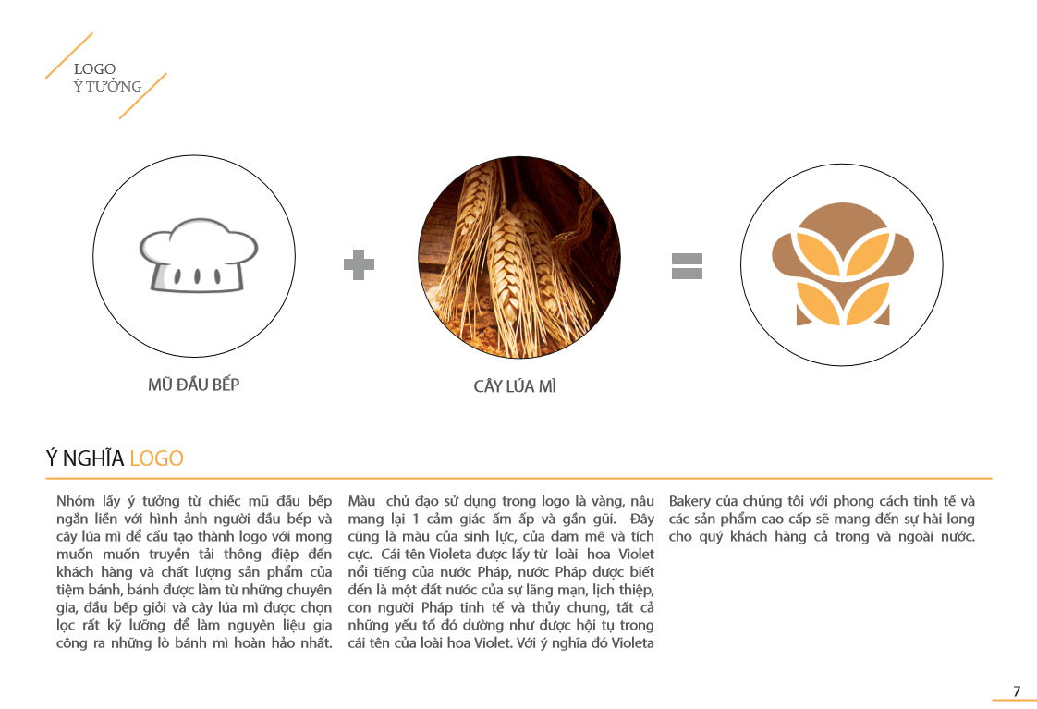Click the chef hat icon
pos(199,255)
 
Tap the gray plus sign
pos(360,264)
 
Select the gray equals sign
pos(687,266)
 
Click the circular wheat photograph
pos(519,257)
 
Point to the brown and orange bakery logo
pos(843,263)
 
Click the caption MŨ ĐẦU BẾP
pos(194,385)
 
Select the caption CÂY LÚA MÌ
pos(515,386)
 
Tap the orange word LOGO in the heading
pos(157,458)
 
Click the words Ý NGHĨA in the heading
pos(85,458)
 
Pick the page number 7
pos(1018,691)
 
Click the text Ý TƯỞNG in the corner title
pos(108,86)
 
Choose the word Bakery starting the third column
pos(689,501)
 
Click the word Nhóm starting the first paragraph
pos(76,501)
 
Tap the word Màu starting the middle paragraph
pos(361,501)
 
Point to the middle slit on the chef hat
pos(197,275)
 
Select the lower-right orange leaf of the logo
pos(869,303)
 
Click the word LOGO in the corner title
pos(94,68)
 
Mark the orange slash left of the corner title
pos(68,55)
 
